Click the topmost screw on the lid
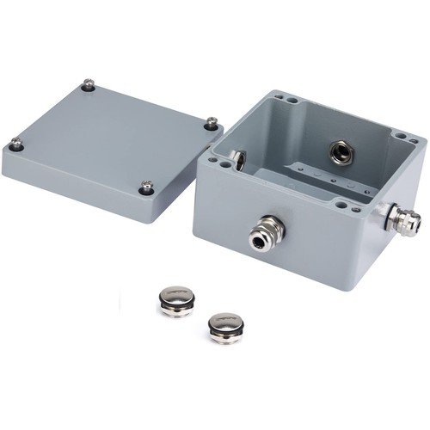88,84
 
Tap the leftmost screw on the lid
15,144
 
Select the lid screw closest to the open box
211,123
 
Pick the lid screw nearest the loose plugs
147,186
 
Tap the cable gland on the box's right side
401,220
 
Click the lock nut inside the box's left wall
237,159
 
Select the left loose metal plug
176,301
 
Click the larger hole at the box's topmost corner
292,101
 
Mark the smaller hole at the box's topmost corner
281,98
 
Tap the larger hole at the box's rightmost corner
401,136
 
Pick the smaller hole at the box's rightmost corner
413,142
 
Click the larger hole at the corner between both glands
343,206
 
